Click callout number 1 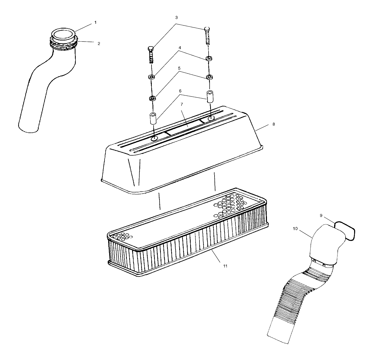(x=95, y=23)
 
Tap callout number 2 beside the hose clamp (x=99, y=44)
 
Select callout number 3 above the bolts (x=176, y=18)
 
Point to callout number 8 (x=273, y=124)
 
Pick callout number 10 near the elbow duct (x=295, y=229)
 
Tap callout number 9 (x=321, y=216)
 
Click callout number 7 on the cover (x=182, y=104)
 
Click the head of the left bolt (x=151, y=49)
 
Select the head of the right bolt (x=207, y=29)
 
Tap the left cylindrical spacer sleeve (x=153, y=118)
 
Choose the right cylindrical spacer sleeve (x=210, y=96)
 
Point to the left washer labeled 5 (x=152, y=98)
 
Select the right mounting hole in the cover (x=211, y=118)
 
